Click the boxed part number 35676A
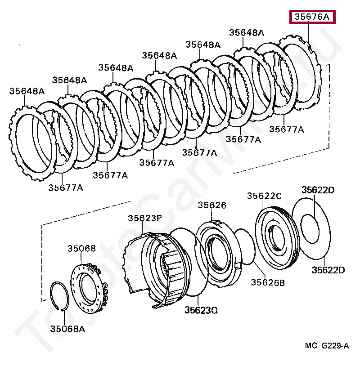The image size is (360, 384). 312,17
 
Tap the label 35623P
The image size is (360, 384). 144,218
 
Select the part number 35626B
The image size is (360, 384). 268,282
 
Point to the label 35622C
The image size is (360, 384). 264,196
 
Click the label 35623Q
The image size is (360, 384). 201,310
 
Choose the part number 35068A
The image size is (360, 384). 67,329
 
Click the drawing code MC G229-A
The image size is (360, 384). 327,345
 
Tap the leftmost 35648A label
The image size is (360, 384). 27,91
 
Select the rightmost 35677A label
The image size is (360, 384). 287,129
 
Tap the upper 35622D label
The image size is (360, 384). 318,190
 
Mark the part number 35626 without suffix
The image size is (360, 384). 212,205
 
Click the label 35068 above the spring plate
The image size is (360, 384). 82,248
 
